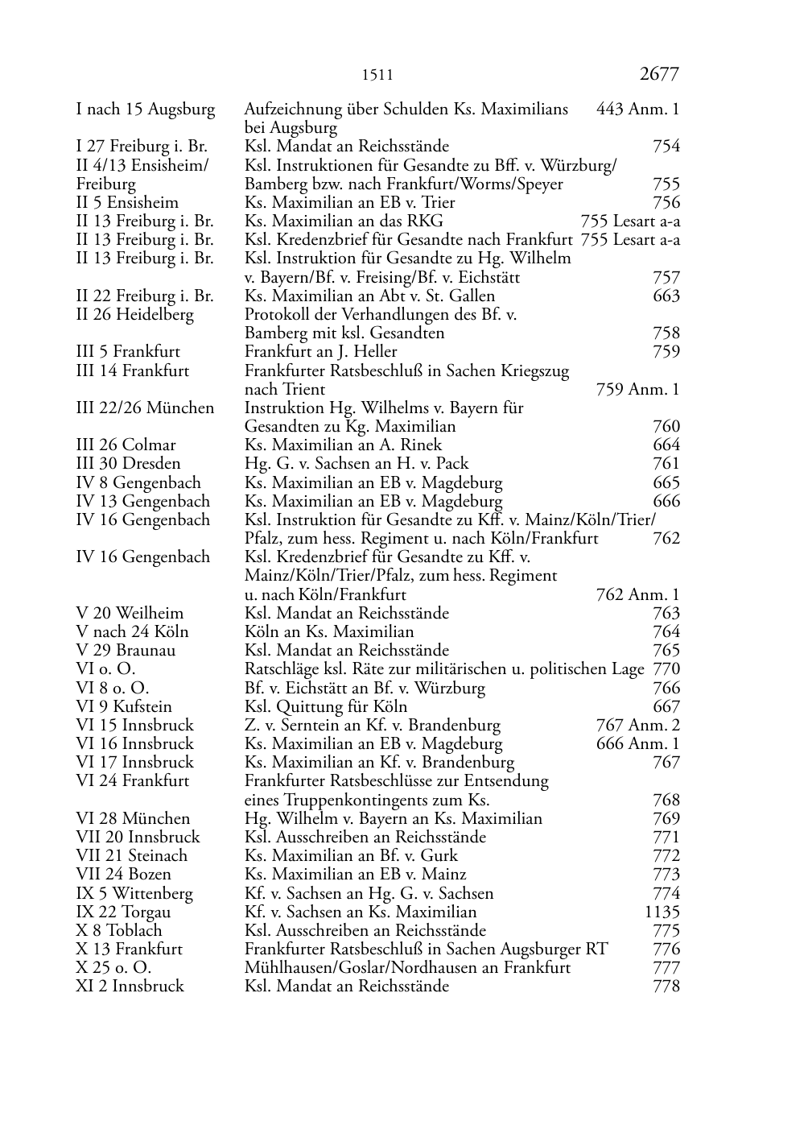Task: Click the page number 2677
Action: click(659, 74)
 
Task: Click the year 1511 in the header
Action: click(377, 76)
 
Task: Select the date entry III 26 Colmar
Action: click(126, 445)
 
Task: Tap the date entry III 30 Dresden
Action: click(128, 464)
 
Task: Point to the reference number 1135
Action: click(662, 912)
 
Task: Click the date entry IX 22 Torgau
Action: click(123, 912)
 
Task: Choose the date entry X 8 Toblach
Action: click(119, 931)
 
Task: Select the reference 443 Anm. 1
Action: click(637, 110)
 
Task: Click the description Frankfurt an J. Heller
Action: click(320, 352)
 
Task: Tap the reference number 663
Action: click(666, 296)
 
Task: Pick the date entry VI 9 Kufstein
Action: click(124, 707)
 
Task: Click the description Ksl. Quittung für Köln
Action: click(326, 707)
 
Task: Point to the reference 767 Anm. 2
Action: click(637, 726)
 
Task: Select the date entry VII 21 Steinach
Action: click(131, 856)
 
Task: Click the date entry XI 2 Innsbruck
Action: click(130, 987)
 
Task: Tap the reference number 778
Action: click(666, 987)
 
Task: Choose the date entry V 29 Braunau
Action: click(126, 651)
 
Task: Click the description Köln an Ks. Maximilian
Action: click(329, 632)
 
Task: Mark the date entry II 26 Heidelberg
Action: click(134, 315)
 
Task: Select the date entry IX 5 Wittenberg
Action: click(134, 894)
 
